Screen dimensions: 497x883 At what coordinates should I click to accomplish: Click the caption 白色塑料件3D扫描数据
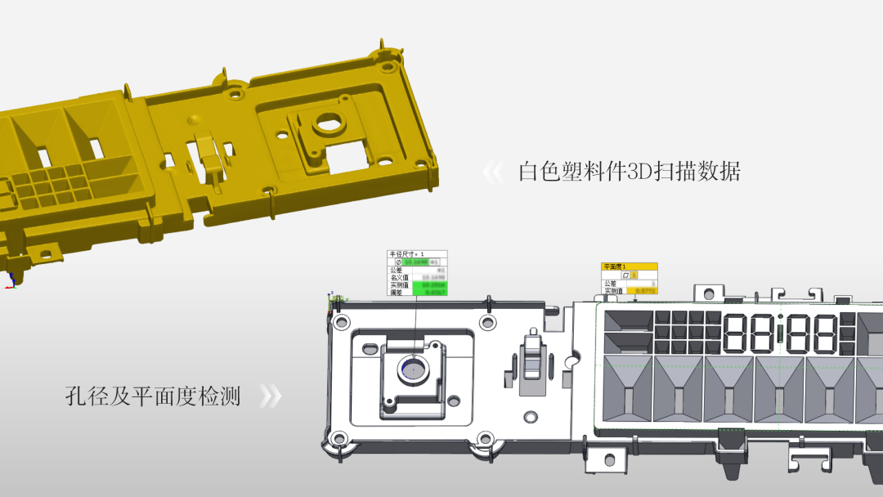click(629, 172)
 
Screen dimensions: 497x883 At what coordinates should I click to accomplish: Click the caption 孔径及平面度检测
click(153, 397)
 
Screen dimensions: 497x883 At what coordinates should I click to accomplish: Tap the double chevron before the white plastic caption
click(493, 172)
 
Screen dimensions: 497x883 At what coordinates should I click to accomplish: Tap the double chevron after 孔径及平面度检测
click(270, 397)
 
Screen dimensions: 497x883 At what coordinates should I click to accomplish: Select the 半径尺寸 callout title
click(406, 255)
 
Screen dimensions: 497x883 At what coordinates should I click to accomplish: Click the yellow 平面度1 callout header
click(629, 266)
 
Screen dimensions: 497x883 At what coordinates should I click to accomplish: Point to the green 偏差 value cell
click(429, 292)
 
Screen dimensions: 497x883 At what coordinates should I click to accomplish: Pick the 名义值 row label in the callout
click(399, 278)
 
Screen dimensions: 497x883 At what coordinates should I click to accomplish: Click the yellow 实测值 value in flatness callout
click(641, 291)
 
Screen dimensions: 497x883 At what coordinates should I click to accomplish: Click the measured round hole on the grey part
click(413, 369)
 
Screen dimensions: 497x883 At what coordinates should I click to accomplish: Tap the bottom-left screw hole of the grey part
click(337, 439)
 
